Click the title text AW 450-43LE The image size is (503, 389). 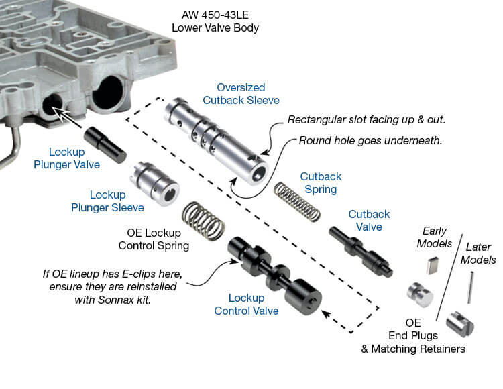pyautogui.click(x=215, y=15)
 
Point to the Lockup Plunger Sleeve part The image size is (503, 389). pyautogui.click(x=156, y=184)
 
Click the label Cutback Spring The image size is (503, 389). pyautogui.click(x=321, y=183)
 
